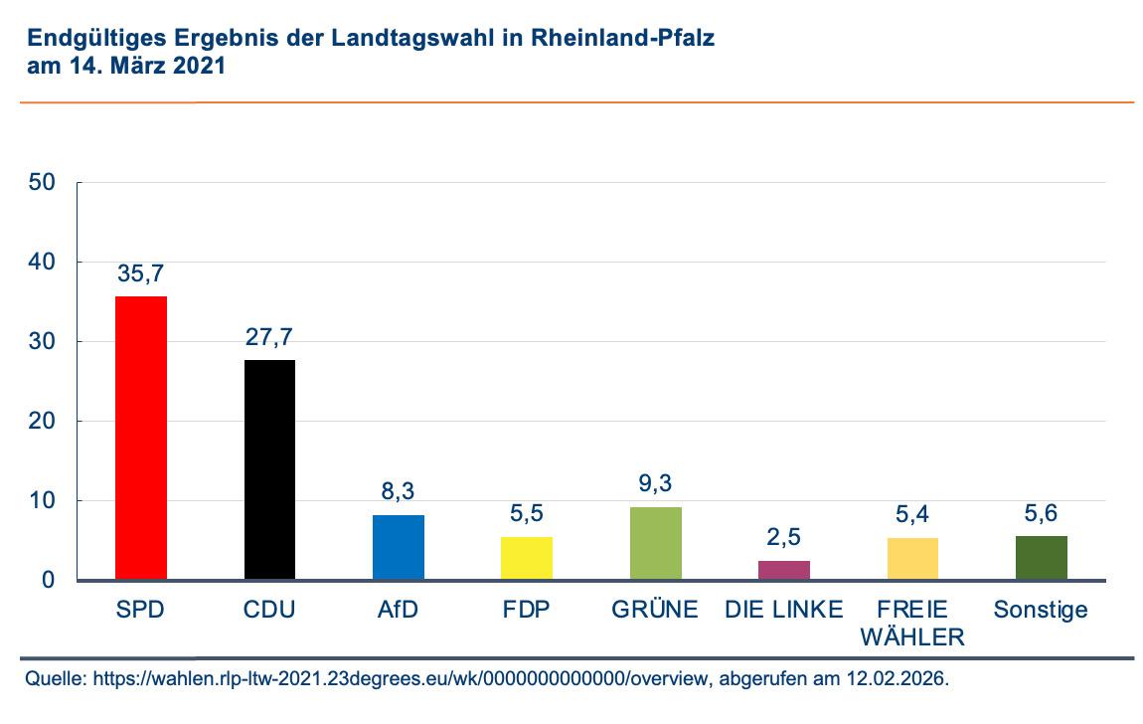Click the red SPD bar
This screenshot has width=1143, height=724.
tap(141, 438)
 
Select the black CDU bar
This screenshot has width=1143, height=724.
tap(269, 469)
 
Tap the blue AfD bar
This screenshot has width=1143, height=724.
tap(399, 547)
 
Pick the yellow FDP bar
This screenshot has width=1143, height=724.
tap(527, 558)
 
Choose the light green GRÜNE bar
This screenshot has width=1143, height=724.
tap(656, 543)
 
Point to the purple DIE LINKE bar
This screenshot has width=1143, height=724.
tap(784, 570)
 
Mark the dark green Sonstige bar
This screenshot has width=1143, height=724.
tap(1042, 558)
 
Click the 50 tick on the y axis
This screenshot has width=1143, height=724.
tap(42, 183)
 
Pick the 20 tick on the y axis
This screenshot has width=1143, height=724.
tap(42, 422)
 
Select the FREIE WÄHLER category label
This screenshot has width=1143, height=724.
tap(913, 623)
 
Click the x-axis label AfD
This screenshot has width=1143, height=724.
tap(399, 610)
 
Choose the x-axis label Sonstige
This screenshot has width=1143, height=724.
tap(1042, 610)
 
